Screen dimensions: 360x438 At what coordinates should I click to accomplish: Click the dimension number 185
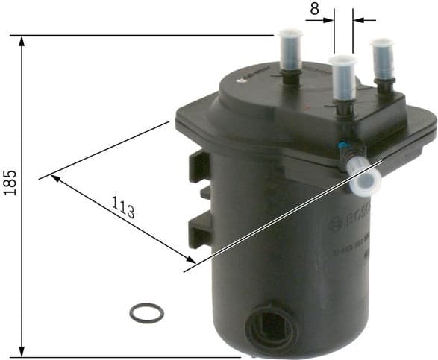[x=10, y=181]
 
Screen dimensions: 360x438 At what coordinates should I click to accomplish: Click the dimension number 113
[x=124, y=206]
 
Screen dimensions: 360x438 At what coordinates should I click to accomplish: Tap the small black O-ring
[x=146, y=312]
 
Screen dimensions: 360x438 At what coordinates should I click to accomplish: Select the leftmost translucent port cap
[x=290, y=50]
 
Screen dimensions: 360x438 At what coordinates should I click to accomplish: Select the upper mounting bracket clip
[x=198, y=165]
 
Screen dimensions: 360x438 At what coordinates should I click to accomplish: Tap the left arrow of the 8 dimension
[x=329, y=21]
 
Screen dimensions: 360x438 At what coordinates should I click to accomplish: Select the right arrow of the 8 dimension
[x=358, y=21]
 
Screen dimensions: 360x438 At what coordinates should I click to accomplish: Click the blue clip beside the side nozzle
[x=342, y=146]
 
